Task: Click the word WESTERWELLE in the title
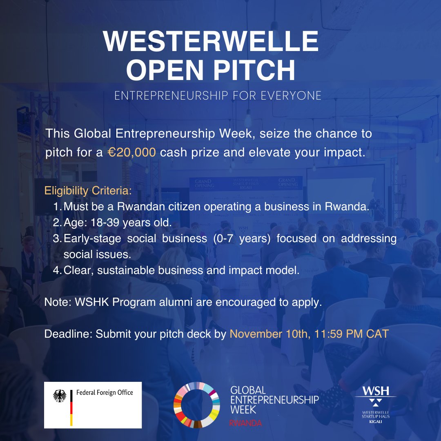(211, 42)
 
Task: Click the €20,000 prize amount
(132, 153)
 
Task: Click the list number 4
(57, 270)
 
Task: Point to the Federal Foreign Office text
(105, 392)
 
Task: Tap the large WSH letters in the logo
(375, 390)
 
